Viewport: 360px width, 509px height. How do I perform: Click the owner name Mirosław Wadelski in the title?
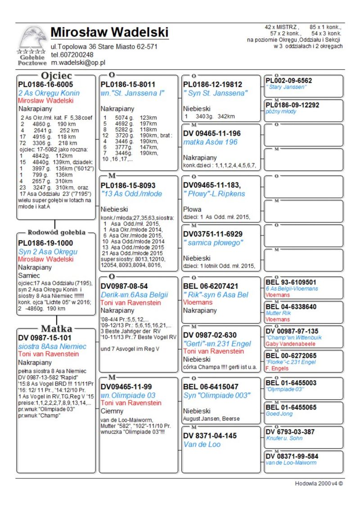[109, 32]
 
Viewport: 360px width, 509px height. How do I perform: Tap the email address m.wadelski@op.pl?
[77, 63]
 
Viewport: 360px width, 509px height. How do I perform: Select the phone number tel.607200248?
[72, 55]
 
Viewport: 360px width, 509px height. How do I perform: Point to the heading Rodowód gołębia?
[56, 233]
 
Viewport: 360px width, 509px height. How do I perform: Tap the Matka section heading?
[56, 328]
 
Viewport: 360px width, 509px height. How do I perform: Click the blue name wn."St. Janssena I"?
[132, 93]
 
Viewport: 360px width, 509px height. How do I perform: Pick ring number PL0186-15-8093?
[128, 185]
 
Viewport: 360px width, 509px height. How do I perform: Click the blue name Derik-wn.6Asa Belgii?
[134, 295]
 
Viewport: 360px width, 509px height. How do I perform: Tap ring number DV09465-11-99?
[126, 387]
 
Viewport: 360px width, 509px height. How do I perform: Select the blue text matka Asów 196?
[210, 142]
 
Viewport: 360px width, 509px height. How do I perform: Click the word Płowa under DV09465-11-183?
[192, 210]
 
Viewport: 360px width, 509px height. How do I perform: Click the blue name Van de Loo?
[202, 445]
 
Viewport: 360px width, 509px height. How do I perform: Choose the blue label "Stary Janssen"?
[286, 87]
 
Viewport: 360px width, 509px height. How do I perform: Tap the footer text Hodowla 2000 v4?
[319, 484]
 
